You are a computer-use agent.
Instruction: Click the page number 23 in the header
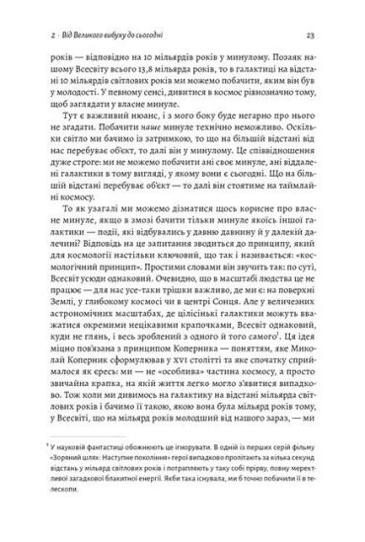310,35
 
